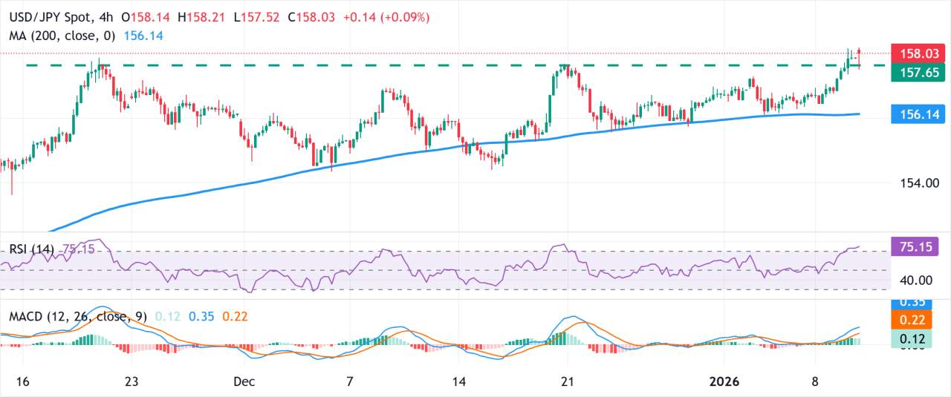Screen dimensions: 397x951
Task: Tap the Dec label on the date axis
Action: click(x=244, y=381)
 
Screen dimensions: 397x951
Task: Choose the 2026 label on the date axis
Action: click(x=724, y=381)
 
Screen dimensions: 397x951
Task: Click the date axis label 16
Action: click(x=23, y=381)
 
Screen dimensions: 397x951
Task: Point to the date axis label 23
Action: click(x=132, y=381)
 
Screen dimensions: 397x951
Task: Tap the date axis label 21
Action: click(x=568, y=381)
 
